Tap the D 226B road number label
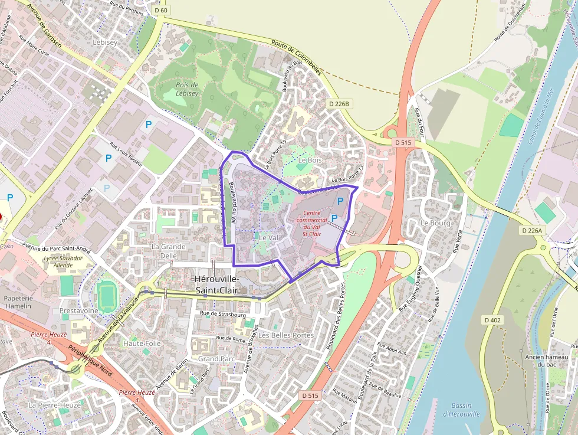point(339,104)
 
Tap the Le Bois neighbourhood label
point(310,160)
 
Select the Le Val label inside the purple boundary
point(268,237)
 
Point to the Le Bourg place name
point(435,223)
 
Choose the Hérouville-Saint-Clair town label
point(217,284)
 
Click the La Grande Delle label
point(168,251)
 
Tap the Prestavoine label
point(78,310)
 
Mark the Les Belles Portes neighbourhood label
point(286,335)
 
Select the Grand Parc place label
point(216,358)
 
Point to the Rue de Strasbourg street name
point(223,315)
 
